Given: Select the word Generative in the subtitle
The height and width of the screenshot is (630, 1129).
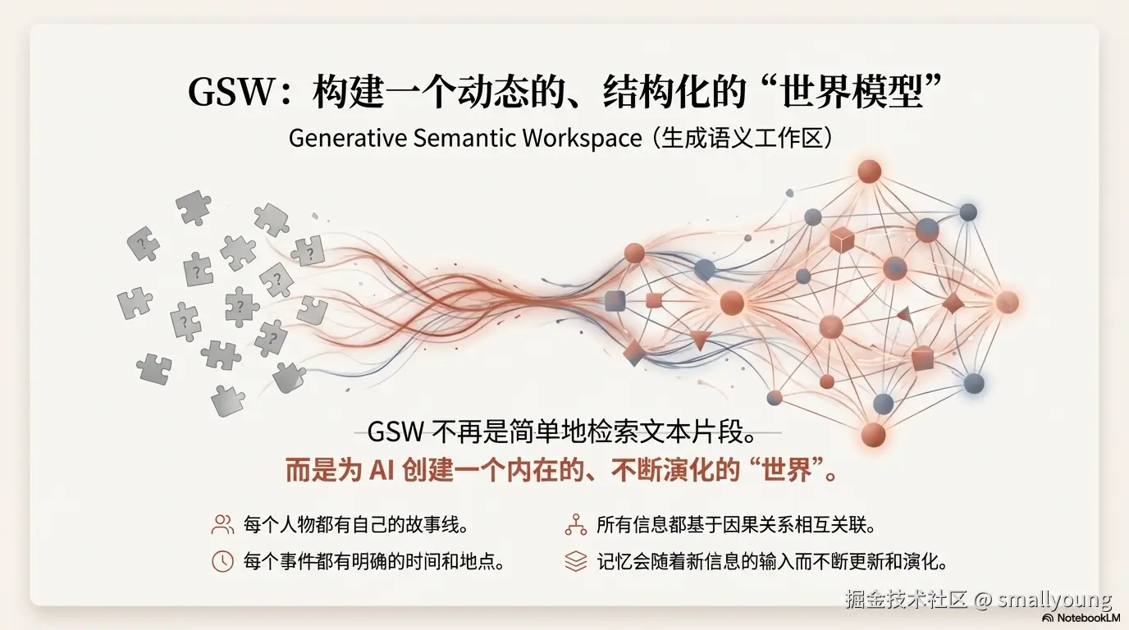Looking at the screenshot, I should (x=347, y=138).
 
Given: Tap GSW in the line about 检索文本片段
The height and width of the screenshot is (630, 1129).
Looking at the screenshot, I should (x=395, y=432).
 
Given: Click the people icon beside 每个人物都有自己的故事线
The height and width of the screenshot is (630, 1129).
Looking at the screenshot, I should (x=222, y=525).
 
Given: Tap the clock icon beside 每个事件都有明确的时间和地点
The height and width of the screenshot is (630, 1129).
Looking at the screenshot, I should (x=222, y=562).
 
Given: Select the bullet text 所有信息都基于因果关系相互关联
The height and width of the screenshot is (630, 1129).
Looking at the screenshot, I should (x=735, y=525).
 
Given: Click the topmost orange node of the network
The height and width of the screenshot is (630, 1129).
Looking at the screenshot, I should (x=869, y=171).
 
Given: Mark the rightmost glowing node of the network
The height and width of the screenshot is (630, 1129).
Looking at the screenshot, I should (x=1007, y=302).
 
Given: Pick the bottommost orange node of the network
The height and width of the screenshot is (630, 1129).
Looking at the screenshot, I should (x=873, y=434).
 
